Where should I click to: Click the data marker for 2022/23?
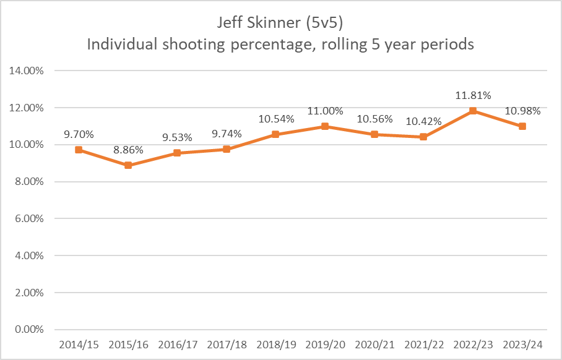point(473,111)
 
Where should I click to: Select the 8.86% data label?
point(128,149)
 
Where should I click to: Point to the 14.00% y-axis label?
point(27,71)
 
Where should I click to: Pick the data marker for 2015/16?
point(128,165)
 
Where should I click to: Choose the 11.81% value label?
point(473,95)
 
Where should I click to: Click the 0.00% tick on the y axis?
point(28,329)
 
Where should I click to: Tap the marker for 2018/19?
point(276,134)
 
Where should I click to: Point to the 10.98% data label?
point(522,111)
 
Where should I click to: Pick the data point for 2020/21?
point(374,134)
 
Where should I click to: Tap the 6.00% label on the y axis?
point(28,218)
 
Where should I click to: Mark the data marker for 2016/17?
point(178,153)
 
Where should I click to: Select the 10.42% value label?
point(423,121)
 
